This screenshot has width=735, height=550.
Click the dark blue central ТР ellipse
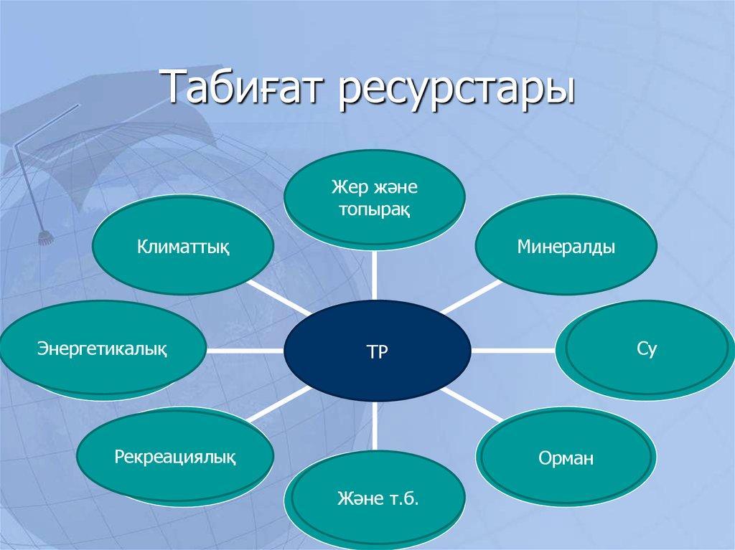point(377,351)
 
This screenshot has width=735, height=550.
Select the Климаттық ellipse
point(183,245)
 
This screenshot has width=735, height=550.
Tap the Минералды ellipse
point(566,245)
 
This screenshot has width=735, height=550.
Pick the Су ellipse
point(645,349)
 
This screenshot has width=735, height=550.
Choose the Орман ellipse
point(566,457)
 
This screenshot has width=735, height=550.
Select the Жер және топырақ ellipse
point(375,198)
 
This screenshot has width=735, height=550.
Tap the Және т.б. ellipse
point(378,499)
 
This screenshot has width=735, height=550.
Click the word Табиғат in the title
point(245,87)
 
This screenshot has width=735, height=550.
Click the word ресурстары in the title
point(457,90)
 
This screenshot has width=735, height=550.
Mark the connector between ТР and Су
point(513,350)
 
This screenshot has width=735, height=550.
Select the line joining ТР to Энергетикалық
point(245,351)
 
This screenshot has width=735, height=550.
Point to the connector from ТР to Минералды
point(471,297)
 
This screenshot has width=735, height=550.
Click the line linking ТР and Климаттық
point(279,298)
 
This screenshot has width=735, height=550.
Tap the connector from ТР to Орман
point(472,404)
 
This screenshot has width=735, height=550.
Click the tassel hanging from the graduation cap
point(45,238)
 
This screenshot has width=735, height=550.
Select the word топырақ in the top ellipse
point(375,209)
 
